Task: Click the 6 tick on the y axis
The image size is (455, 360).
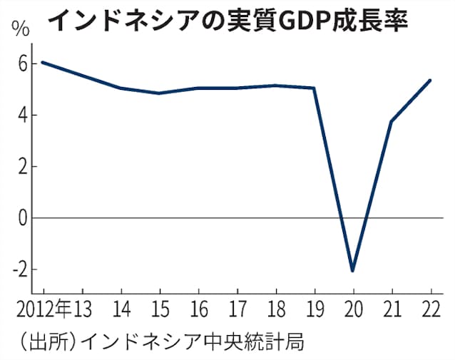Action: [x=22, y=63]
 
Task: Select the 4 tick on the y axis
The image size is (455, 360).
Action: [x=22, y=115]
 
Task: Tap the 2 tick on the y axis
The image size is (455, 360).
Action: [x=22, y=166]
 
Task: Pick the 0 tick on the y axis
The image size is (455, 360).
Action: [x=22, y=217]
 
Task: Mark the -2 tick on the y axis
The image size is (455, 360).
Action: [x=19, y=269]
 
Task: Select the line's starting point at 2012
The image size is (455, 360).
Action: [x=44, y=62]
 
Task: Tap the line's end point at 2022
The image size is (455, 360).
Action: [x=430, y=80]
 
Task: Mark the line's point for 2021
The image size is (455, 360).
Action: [x=392, y=121]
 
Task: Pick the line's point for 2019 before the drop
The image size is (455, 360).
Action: [x=314, y=88]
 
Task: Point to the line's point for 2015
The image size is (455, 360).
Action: [x=159, y=93]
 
